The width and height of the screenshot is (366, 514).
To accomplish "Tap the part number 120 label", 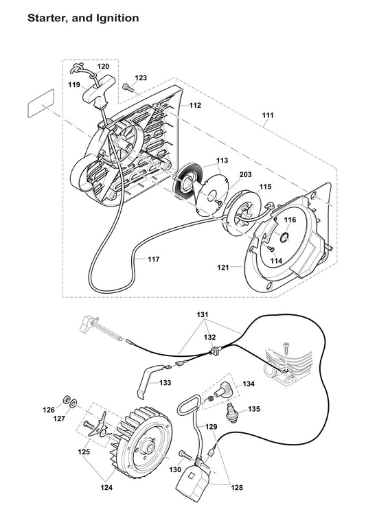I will [x=102, y=67].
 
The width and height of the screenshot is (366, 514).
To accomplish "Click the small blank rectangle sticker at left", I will [x=39, y=107].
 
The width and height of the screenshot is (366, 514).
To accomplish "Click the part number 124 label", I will [x=105, y=488].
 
